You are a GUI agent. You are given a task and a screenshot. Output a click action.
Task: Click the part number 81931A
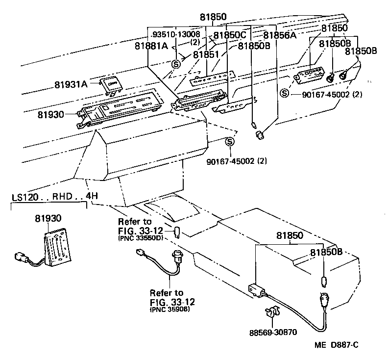pyautogui.click(x=71, y=84)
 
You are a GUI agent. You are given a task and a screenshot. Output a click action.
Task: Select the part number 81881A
pyautogui.click(x=152, y=46)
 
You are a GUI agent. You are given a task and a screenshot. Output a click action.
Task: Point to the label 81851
pyautogui.click(x=206, y=54)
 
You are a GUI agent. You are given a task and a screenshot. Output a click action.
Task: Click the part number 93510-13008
pyautogui.click(x=176, y=34)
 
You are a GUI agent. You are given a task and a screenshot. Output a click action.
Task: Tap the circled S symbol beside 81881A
pyautogui.click(x=176, y=64)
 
